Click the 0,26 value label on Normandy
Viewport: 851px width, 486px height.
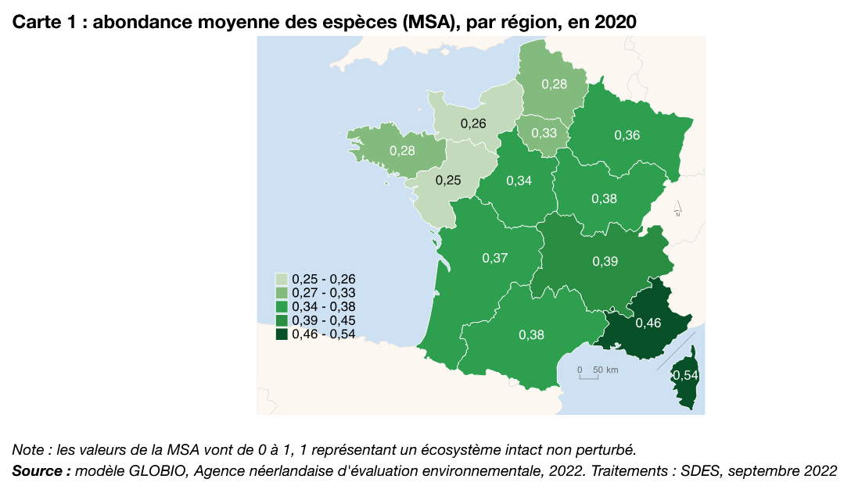[473, 123]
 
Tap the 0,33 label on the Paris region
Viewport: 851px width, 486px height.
[544, 134]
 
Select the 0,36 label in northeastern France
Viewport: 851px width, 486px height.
[627, 135]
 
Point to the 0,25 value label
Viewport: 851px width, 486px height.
[448, 180]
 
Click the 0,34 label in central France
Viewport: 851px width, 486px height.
[519, 181]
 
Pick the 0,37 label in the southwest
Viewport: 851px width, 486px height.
[495, 258]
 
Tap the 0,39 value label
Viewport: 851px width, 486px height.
[605, 261]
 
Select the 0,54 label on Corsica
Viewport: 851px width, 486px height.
[685, 376]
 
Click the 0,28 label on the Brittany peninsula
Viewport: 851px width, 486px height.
[402, 151]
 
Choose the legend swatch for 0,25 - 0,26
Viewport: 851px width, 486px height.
[282, 279]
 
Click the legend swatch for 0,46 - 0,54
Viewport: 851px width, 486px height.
[282, 334]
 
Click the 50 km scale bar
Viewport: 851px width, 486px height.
[589, 376]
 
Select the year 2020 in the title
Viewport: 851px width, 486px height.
[616, 23]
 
